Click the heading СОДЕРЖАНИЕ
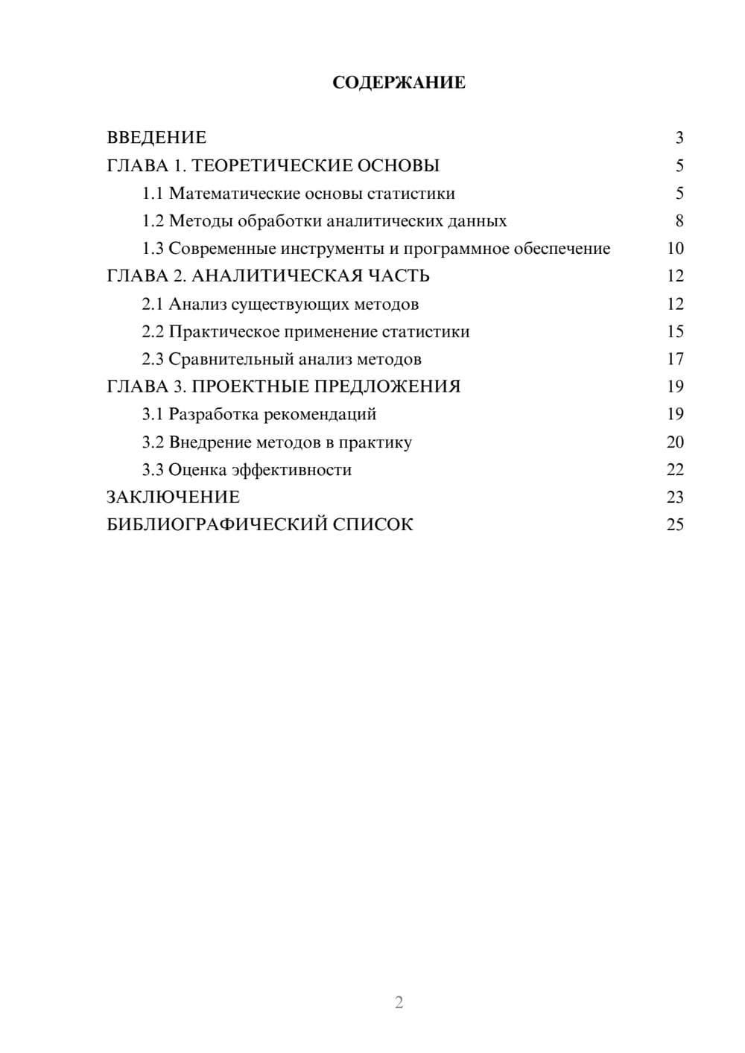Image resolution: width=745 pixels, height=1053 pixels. pyautogui.click(x=399, y=83)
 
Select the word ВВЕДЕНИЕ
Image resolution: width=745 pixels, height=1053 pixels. pyautogui.click(x=156, y=138)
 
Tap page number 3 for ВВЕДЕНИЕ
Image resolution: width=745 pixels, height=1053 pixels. pyautogui.click(x=679, y=138)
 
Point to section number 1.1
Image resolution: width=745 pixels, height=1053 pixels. pyautogui.click(x=153, y=194)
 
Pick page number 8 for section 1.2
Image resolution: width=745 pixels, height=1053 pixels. pyautogui.click(x=679, y=221)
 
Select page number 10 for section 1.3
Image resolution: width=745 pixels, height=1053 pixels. pyautogui.click(x=675, y=249)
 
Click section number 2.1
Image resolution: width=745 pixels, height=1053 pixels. pyautogui.click(x=153, y=304)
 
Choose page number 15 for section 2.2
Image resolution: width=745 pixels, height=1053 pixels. pyautogui.click(x=675, y=331)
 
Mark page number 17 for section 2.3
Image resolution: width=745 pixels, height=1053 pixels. pyautogui.click(x=675, y=359)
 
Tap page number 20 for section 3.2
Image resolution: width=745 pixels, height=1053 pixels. pyautogui.click(x=675, y=442)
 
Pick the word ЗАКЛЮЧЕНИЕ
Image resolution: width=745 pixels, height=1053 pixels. pyautogui.click(x=173, y=497)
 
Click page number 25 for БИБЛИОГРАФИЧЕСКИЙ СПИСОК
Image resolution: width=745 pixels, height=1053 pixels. pyautogui.click(x=675, y=525)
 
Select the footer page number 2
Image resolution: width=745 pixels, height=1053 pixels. pyautogui.click(x=399, y=1002)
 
